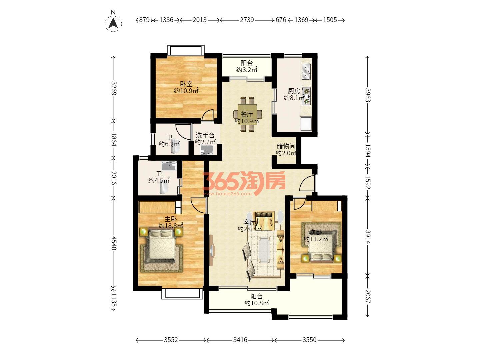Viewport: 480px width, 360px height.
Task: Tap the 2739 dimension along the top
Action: (x=247, y=20)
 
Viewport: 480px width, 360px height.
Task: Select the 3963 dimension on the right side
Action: (x=368, y=95)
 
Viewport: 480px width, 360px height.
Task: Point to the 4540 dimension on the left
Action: (x=114, y=243)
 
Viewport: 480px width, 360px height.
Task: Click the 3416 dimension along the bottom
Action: (x=240, y=340)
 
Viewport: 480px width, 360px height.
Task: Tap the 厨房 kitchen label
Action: (x=294, y=91)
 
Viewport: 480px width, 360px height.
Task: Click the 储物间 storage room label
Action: (x=286, y=146)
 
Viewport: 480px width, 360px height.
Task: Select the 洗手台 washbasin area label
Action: (x=205, y=135)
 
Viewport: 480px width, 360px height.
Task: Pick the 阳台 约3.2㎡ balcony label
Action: (x=247, y=66)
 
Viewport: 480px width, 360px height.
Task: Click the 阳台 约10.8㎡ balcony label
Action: (x=257, y=300)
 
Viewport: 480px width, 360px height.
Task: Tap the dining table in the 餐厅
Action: (x=247, y=114)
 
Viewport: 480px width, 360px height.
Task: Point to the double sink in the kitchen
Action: (x=306, y=71)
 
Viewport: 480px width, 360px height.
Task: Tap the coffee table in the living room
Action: (x=264, y=250)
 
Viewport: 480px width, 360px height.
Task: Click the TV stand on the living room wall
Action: (x=212, y=250)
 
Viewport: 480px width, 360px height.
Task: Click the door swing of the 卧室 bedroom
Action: (x=208, y=115)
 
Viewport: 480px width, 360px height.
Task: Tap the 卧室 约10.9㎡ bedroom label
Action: (x=186, y=87)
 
